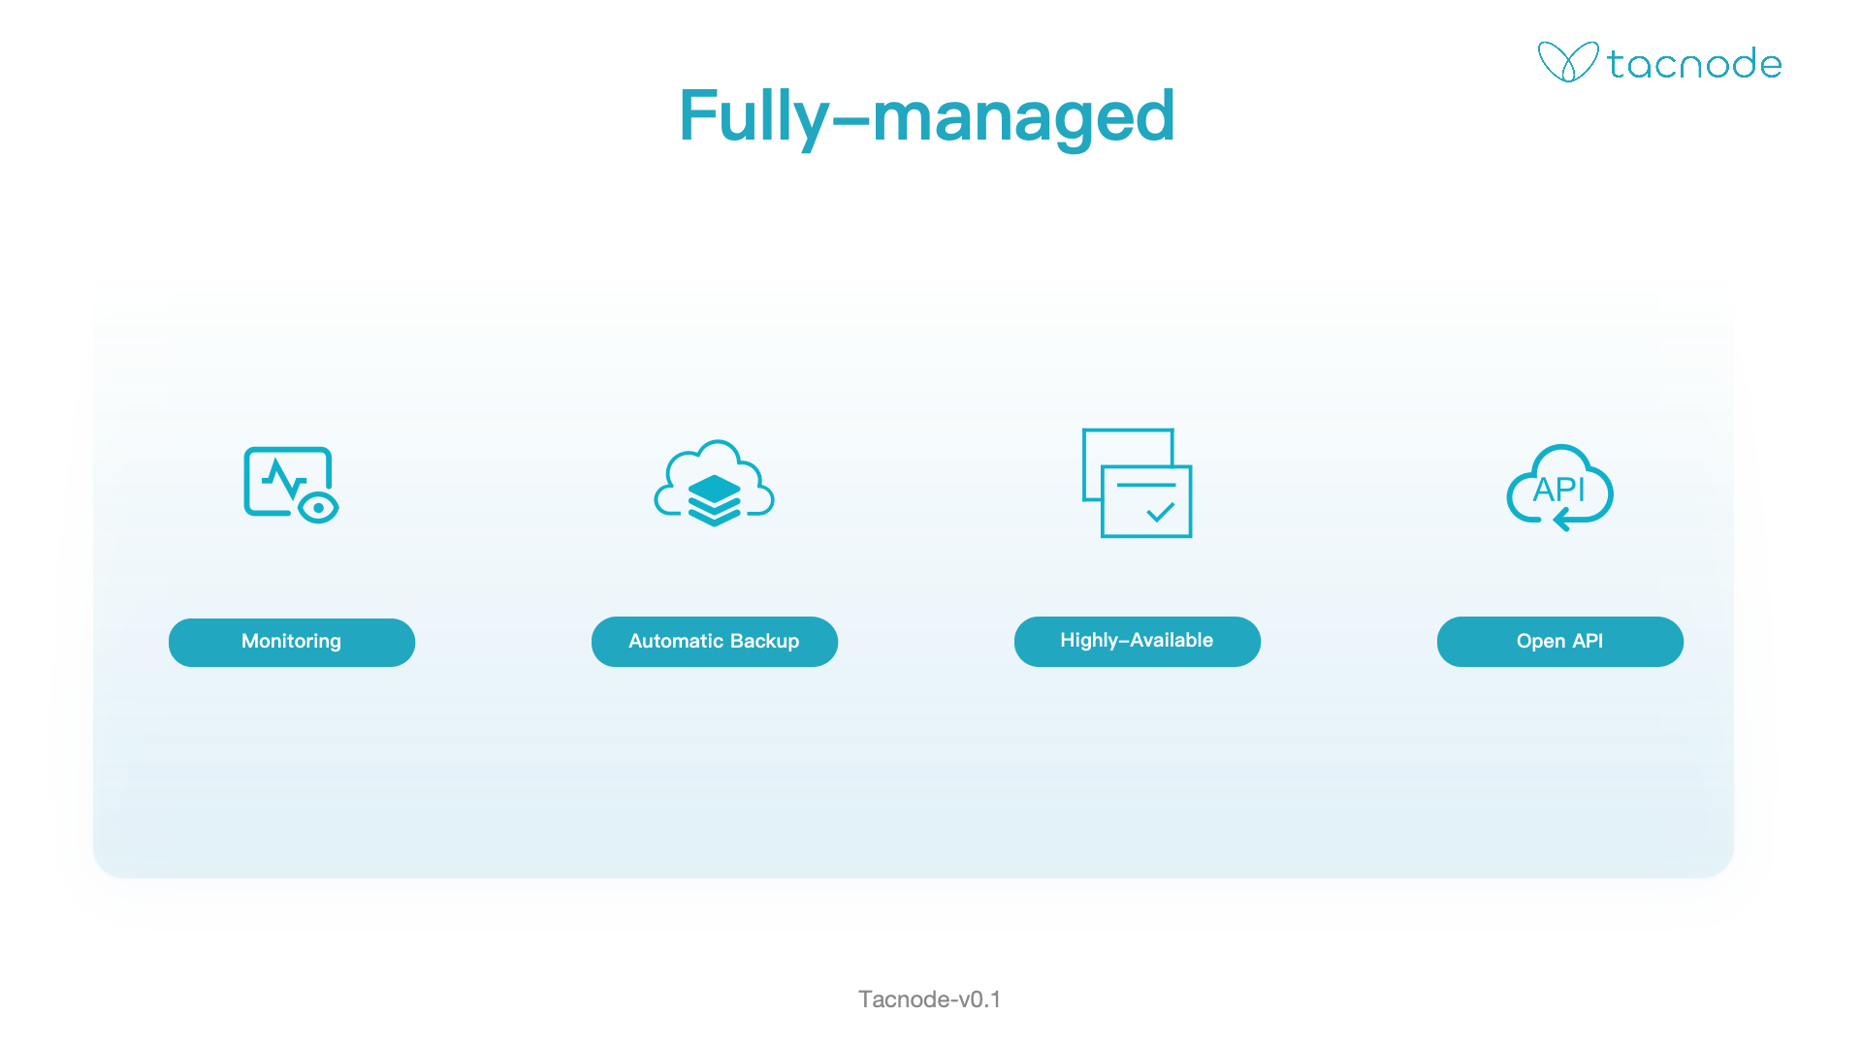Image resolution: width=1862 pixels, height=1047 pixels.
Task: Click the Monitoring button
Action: click(292, 642)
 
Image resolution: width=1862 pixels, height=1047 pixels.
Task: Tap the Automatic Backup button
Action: click(715, 642)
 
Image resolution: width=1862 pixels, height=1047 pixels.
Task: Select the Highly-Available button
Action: click(1138, 642)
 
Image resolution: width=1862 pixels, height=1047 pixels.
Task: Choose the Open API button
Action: click(1560, 642)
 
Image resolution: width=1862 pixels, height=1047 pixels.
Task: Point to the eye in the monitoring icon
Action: click(318, 507)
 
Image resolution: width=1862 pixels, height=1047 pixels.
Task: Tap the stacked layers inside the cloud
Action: click(715, 499)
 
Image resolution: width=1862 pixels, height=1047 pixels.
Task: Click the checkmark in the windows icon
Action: click(1161, 512)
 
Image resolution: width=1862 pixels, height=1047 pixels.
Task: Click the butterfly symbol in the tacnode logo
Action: click(1567, 62)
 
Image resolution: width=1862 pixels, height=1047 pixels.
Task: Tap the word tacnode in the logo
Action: click(1694, 64)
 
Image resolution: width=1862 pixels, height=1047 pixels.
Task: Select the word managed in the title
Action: click(1024, 119)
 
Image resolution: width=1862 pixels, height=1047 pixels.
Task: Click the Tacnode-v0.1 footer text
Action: click(930, 999)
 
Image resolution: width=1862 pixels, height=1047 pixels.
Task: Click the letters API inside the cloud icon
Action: click(1558, 490)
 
